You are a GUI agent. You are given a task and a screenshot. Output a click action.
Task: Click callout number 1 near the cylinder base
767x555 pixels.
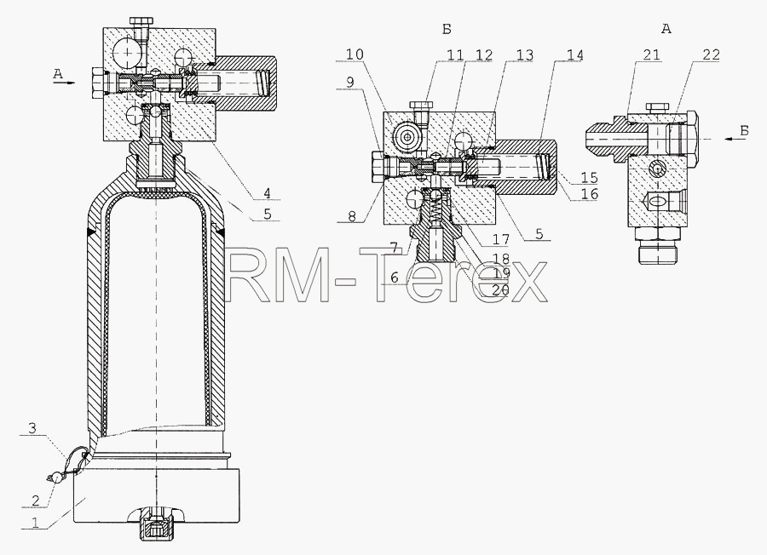tap(35, 523)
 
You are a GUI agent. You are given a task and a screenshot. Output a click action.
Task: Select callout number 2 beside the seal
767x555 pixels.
tap(36, 501)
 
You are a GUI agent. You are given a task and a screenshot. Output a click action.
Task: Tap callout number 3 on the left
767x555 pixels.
tap(32, 429)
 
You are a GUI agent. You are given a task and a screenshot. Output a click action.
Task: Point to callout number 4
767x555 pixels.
tap(267, 193)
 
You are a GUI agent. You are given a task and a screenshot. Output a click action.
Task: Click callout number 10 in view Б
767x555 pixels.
tap(355, 54)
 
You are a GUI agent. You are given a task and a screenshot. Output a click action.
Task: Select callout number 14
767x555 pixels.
tap(574, 54)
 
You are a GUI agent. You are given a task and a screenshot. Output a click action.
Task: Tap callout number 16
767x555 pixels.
tap(589, 193)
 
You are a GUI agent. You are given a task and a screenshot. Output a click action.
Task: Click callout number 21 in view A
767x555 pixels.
tap(651, 54)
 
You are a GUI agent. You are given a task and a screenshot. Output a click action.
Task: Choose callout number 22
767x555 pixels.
tap(711, 54)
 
